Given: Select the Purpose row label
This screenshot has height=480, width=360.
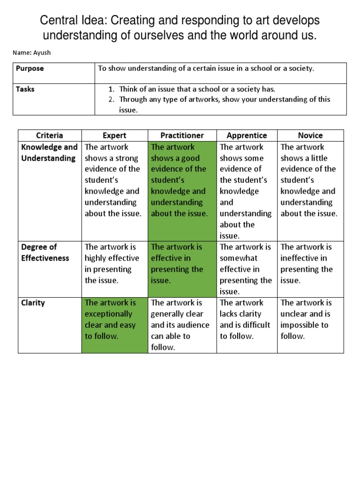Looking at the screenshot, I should [x=30, y=68].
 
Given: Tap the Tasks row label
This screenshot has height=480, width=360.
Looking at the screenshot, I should [x=25, y=89].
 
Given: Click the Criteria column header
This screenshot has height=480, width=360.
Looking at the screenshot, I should [x=49, y=135].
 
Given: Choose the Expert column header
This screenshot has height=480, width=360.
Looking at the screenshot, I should [x=114, y=135].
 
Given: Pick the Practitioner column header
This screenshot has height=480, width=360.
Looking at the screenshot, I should [x=182, y=135].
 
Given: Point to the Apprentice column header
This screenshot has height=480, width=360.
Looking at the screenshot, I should [x=247, y=135].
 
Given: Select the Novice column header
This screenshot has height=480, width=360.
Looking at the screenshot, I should [x=310, y=135].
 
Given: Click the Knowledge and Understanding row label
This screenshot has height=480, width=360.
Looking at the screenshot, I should [x=49, y=153].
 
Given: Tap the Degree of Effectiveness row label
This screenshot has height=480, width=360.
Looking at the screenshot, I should [x=45, y=253].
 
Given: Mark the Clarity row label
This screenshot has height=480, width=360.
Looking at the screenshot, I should [x=33, y=303].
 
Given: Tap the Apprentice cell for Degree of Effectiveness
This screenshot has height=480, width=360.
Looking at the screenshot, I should [x=247, y=269].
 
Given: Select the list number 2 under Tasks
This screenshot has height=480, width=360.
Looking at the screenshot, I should [x=112, y=99].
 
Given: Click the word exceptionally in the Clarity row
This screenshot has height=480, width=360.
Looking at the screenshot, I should [x=108, y=314].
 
